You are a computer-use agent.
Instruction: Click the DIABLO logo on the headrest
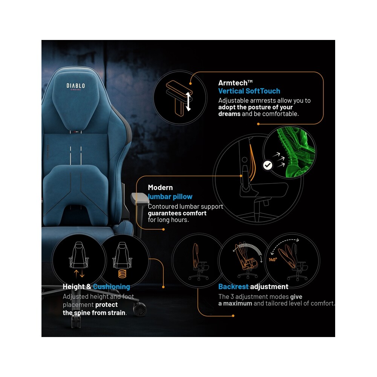coord(75,86)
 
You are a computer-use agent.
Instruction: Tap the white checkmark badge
coord(267,165)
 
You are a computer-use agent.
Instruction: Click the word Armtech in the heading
coord(233,83)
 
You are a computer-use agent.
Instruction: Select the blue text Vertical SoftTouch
coord(249,91)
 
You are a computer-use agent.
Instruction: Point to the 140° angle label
coord(273,260)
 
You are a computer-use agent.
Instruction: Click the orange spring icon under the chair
coord(122,274)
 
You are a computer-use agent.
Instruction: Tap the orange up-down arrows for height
coord(79,274)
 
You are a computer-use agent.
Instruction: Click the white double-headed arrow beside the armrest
coord(188,102)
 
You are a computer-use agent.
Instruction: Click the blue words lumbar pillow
coord(170,197)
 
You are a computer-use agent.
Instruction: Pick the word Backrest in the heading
coord(233,287)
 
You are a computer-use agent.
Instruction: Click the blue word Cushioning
coord(112,287)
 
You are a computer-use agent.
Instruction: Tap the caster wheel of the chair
coord(139,310)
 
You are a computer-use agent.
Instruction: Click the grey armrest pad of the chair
coord(140,198)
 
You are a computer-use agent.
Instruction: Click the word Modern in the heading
coord(160,187)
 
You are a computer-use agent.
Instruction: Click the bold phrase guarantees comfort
coord(177,213)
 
